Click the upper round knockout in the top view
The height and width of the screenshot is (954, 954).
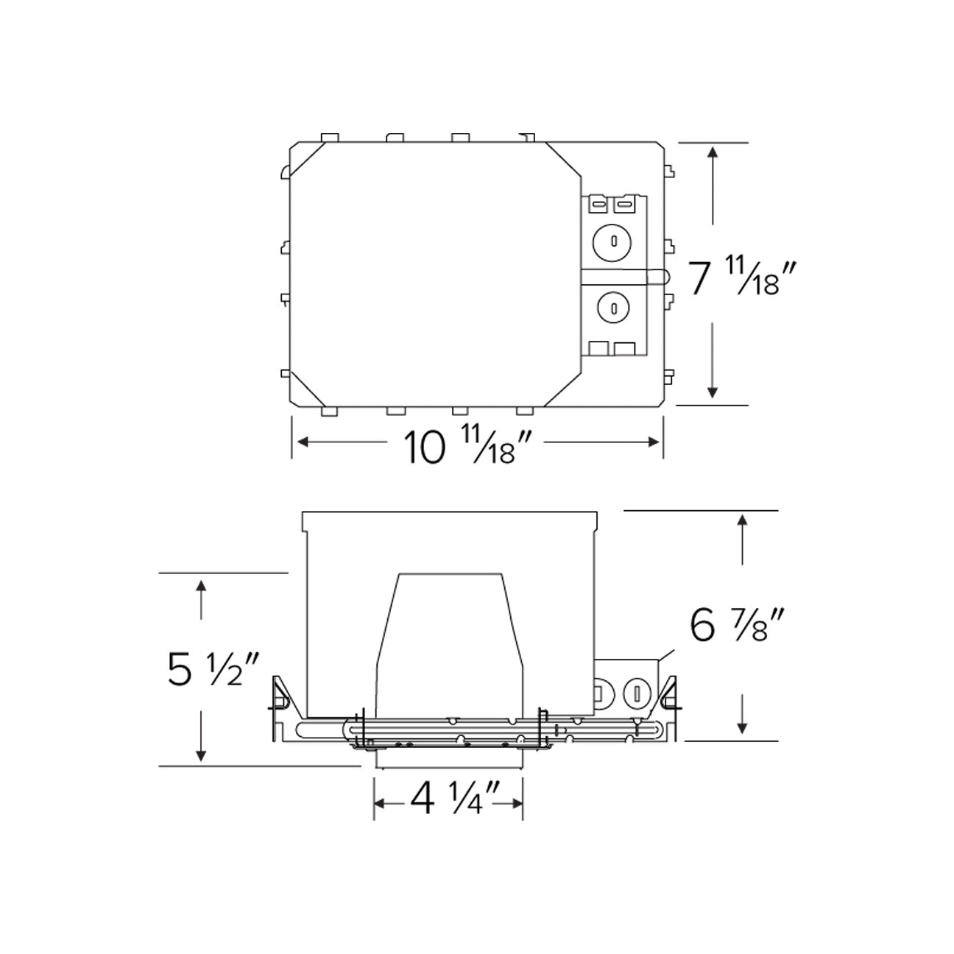(613, 241)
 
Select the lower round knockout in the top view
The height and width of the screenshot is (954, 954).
(613, 308)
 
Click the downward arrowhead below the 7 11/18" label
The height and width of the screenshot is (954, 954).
(712, 391)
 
